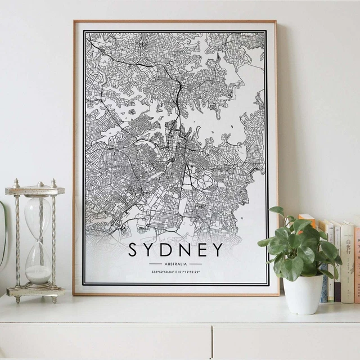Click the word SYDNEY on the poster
point(175,250)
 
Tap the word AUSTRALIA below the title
point(175,263)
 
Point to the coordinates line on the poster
point(175,272)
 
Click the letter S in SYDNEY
point(133,250)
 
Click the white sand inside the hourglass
point(38,274)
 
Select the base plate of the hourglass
point(35,291)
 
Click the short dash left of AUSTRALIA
point(155,263)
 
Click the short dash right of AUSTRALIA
point(196,263)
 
